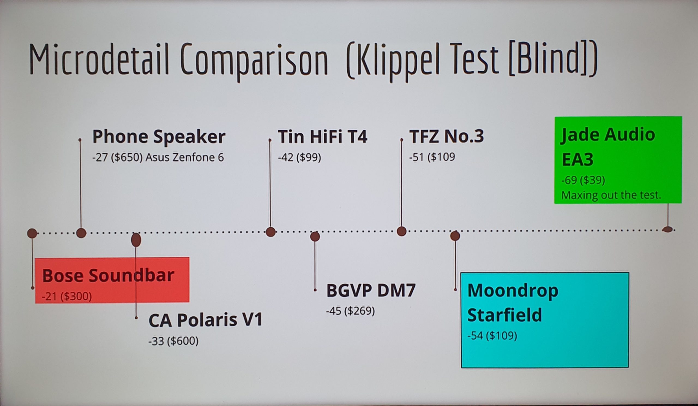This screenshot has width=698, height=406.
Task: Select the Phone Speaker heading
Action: [x=159, y=137]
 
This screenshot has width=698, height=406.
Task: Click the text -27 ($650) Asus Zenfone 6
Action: [x=158, y=158]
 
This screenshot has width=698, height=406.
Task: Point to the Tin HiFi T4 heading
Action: [x=323, y=137]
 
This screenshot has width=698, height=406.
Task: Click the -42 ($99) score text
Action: [x=299, y=158]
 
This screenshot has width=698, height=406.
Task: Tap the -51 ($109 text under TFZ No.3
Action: [x=432, y=157]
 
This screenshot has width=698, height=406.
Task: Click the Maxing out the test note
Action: [x=611, y=195]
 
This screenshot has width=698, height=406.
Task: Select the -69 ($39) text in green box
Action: [x=583, y=180]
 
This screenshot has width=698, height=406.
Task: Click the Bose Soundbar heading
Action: [x=108, y=275]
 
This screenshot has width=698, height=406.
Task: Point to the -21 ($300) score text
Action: [x=67, y=296]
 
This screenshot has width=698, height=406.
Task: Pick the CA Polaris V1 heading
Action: [x=206, y=320]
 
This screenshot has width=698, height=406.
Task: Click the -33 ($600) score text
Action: [x=173, y=341]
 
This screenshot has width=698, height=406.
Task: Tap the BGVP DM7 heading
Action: [x=371, y=290]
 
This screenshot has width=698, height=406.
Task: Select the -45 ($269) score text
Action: [x=350, y=311]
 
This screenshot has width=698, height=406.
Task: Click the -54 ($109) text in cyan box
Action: [x=492, y=336]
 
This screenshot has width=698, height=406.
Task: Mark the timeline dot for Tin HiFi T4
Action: [x=271, y=232]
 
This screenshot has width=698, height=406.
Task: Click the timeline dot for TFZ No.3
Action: [x=402, y=231]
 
